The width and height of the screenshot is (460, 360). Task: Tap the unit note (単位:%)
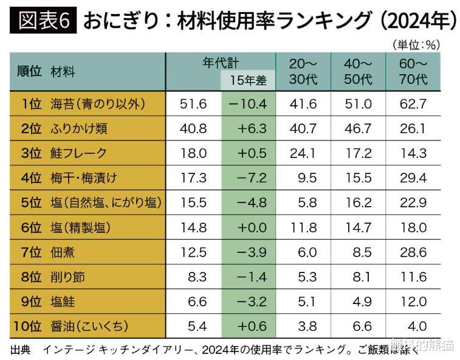[416, 44]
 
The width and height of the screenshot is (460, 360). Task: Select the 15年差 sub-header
[248, 80]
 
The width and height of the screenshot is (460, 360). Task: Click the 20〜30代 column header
[303, 71]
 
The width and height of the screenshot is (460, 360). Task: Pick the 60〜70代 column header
[414, 71]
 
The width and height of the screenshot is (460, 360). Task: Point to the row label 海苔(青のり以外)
[98, 103]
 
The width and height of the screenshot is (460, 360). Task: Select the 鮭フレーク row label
[79, 153]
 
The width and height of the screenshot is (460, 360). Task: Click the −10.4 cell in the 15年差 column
[248, 103]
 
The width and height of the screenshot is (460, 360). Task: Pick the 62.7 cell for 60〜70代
[413, 103]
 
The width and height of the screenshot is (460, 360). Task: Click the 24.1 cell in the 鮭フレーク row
[304, 153]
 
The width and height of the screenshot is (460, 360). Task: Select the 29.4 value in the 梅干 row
[413, 178]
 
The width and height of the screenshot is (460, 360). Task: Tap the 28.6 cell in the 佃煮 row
[413, 252]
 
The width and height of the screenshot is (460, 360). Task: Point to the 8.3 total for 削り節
[194, 277]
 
